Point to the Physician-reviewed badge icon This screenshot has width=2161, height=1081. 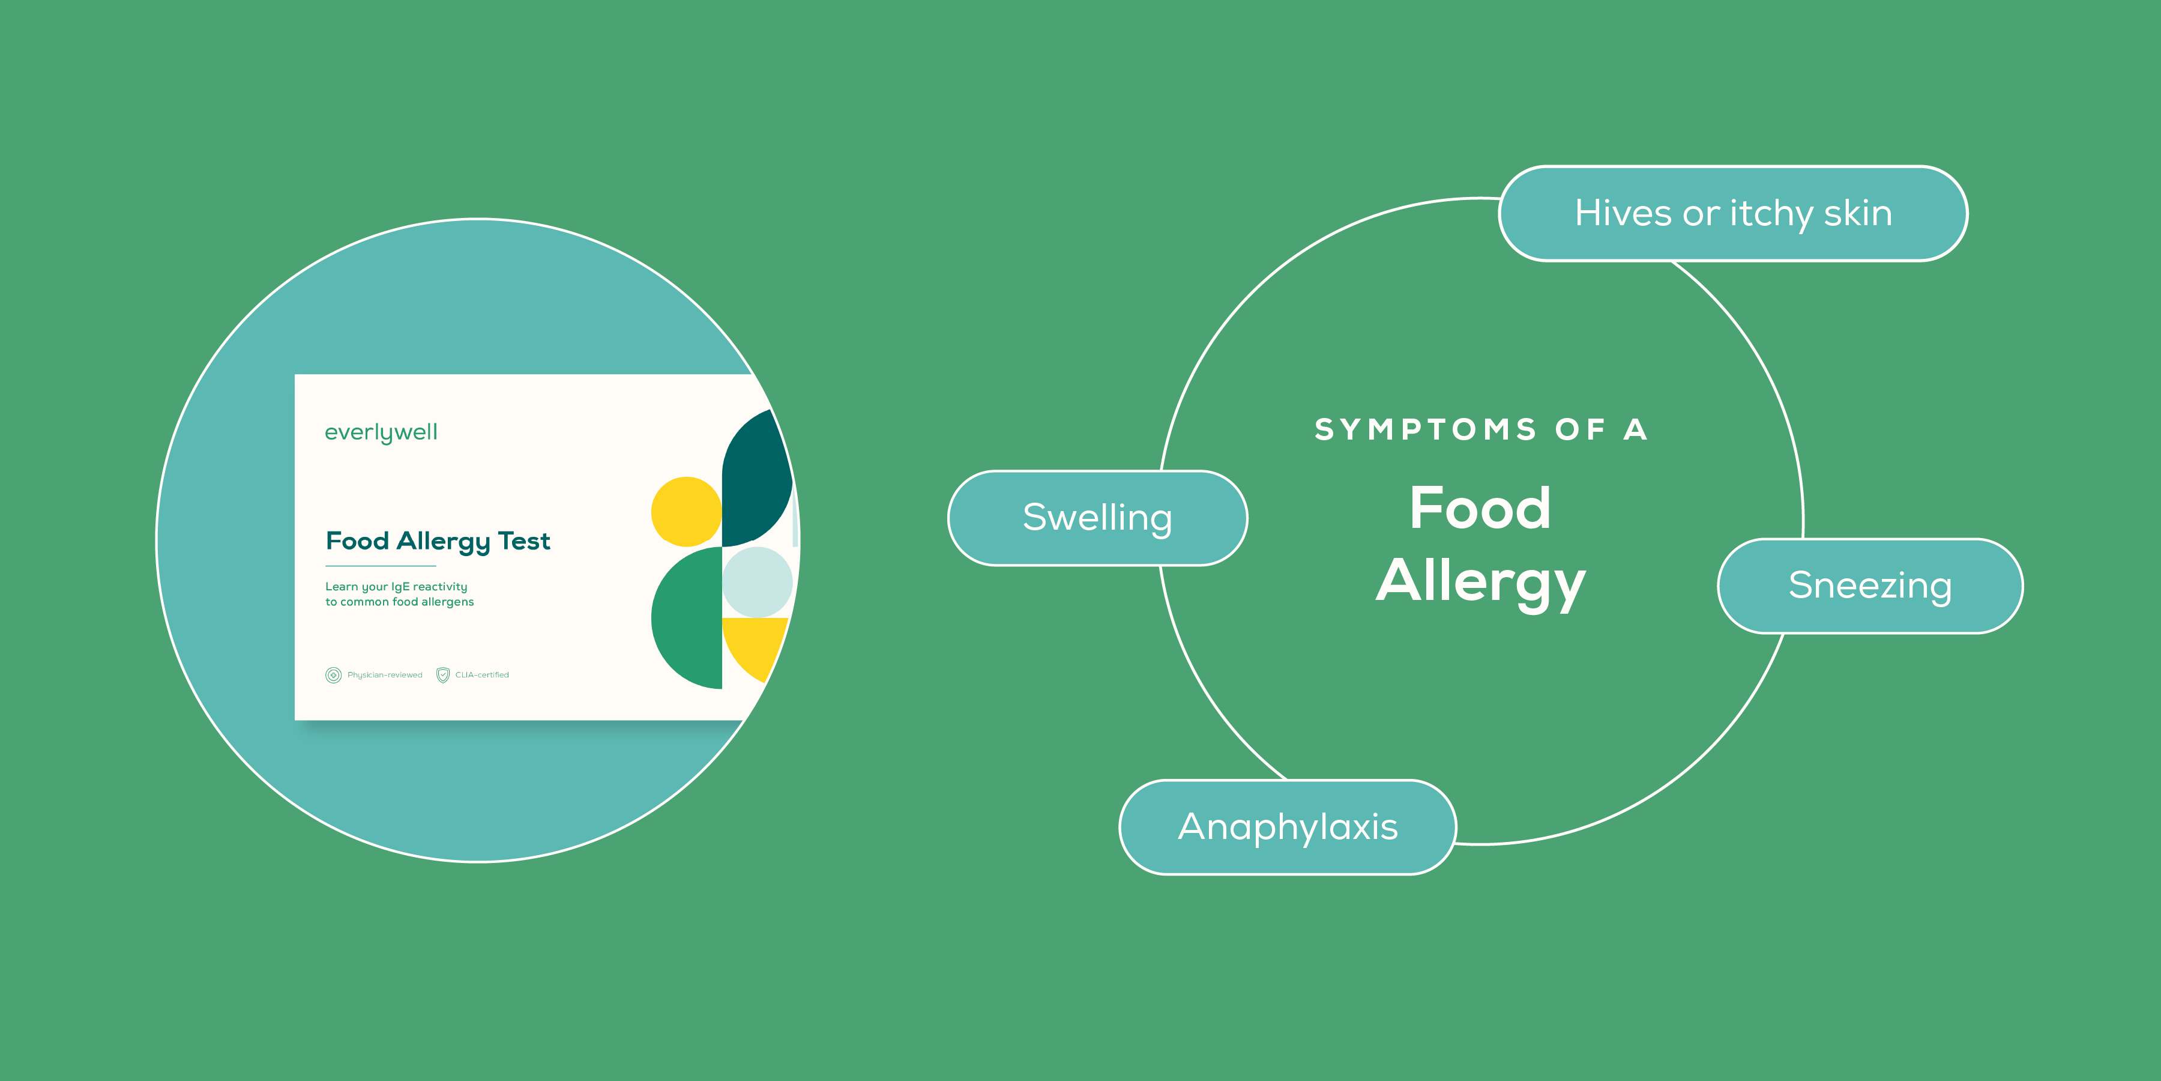(x=333, y=675)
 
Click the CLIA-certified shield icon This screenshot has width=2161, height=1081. (x=443, y=675)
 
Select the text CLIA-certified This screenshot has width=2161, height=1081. (x=483, y=675)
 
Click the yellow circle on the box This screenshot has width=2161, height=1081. (x=686, y=512)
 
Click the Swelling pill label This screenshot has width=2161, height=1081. (x=1097, y=518)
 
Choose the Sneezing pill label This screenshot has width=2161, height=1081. (x=1870, y=586)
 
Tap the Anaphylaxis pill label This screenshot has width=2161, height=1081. (x=1288, y=828)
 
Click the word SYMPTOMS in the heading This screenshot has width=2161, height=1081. (x=1425, y=430)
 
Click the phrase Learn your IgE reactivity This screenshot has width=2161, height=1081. (x=396, y=587)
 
